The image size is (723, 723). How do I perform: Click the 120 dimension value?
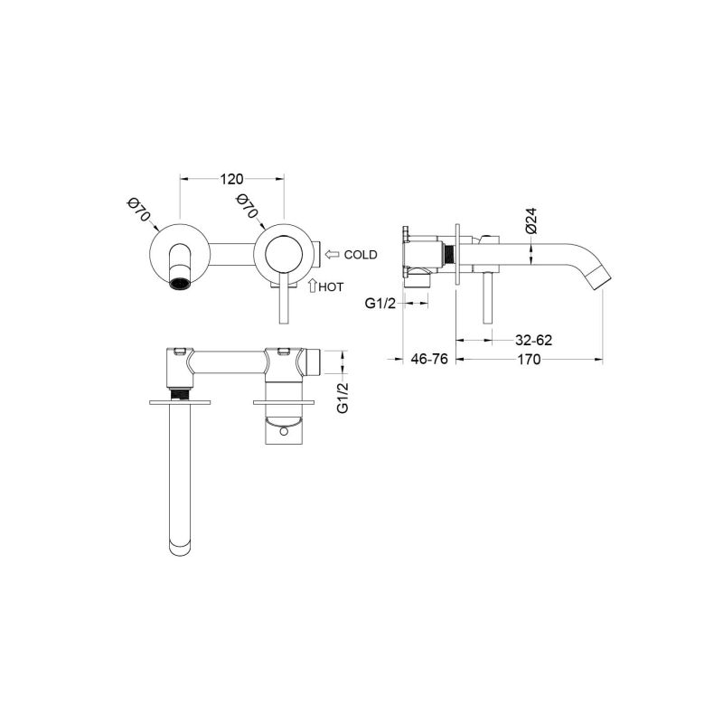click(231, 179)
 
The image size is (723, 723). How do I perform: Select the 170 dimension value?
click(529, 359)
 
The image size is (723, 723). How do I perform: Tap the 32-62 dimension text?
click(533, 341)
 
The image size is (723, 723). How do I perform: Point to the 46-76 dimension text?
click(429, 359)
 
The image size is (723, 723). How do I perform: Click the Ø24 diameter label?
click(531, 221)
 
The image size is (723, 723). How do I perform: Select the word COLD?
click(361, 255)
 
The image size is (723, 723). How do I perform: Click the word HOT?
click(331, 286)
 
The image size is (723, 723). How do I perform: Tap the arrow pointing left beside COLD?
click(332, 254)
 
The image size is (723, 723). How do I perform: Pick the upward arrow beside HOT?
click(312, 286)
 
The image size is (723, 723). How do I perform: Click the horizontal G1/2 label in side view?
click(380, 304)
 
